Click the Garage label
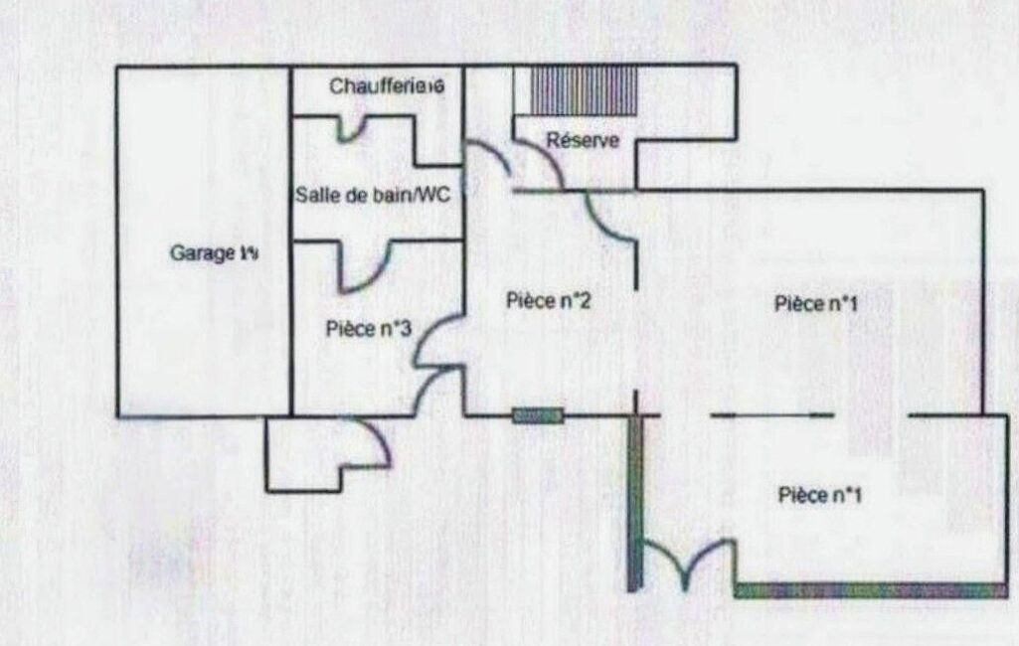[215, 252]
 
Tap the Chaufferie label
[386, 86]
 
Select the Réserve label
[583, 141]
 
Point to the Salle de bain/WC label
[373, 196]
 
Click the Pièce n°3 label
[369, 329]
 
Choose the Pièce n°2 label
[550, 300]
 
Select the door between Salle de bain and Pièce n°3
[362, 268]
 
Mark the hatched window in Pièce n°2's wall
[538, 415]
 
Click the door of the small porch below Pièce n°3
[373, 442]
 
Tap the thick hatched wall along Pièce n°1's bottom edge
[870, 590]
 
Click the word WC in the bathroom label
[434, 196]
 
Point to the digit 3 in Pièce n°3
[405, 329]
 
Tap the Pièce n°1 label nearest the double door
[819, 495]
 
